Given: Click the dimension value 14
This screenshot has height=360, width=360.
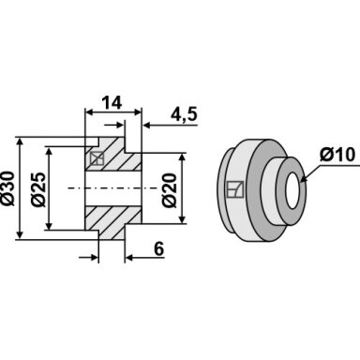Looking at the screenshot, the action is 112,103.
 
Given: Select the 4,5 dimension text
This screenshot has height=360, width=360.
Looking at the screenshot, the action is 184,114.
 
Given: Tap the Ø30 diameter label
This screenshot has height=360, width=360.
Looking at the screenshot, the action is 7,188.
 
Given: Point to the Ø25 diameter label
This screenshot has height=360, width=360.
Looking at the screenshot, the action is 38,188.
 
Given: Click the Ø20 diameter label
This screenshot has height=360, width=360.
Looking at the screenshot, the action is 170,190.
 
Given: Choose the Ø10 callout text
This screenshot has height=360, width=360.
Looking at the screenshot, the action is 337,155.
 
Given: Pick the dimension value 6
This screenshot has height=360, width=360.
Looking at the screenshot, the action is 159,249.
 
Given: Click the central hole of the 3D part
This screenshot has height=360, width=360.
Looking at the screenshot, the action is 292,190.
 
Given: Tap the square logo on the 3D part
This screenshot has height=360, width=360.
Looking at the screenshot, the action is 235,189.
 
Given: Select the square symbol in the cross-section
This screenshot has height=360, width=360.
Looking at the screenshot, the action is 97,158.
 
